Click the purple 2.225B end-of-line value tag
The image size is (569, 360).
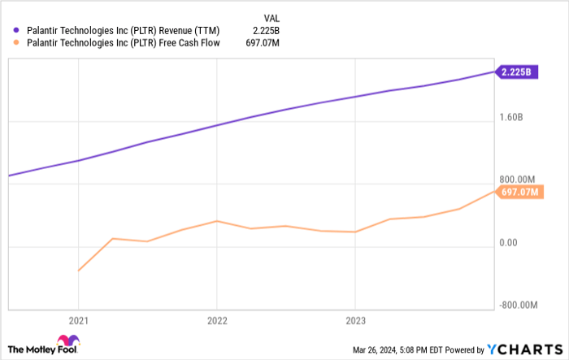click(x=517, y=72)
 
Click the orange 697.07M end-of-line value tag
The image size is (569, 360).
click(x=518, y=192)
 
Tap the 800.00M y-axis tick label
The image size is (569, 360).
click(x=518, y=180)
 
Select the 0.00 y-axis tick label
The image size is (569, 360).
click(x=507, y=242)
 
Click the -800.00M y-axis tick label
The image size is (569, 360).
click(x=519, y=305)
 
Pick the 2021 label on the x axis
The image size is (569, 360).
click(x=78, y=320)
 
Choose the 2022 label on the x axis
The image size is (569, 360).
click(x=216, y=320)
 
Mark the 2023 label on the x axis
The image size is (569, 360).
click(x=354, y=320)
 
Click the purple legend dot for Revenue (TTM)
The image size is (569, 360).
click(x=15, y=31)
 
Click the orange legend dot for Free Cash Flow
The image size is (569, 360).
click(x=15, y=45)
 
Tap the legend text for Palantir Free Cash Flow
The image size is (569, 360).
click(x=119, y=45)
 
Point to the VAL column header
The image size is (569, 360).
click(x=274, y=17)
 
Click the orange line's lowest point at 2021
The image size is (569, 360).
click(x=78, y=271)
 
